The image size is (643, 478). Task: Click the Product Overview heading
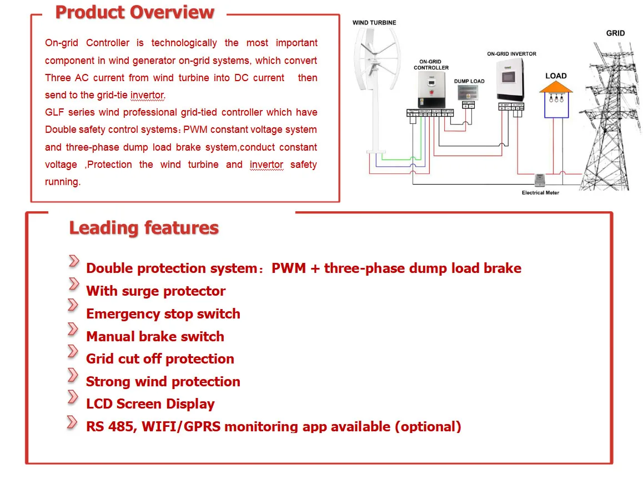pos(134,12)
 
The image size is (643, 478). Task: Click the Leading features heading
pos(144,228)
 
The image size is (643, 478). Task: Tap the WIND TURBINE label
pos(374,23)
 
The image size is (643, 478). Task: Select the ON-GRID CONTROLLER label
pos(431,64)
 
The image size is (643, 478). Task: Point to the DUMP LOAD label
pos(469,81)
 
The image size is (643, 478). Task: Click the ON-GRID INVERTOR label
pos(511,54)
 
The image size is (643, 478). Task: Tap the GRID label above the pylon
pos(615,33)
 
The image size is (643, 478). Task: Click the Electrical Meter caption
pos(540,193)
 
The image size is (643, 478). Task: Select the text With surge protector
pos(155,291)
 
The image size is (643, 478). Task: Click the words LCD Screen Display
pos(150,404)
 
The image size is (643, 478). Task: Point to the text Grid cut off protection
pos(160,359)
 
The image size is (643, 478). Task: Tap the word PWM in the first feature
pos(288,268)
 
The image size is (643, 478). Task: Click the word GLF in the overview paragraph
pos(54,112)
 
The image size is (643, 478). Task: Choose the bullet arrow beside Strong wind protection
pos(73,375)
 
